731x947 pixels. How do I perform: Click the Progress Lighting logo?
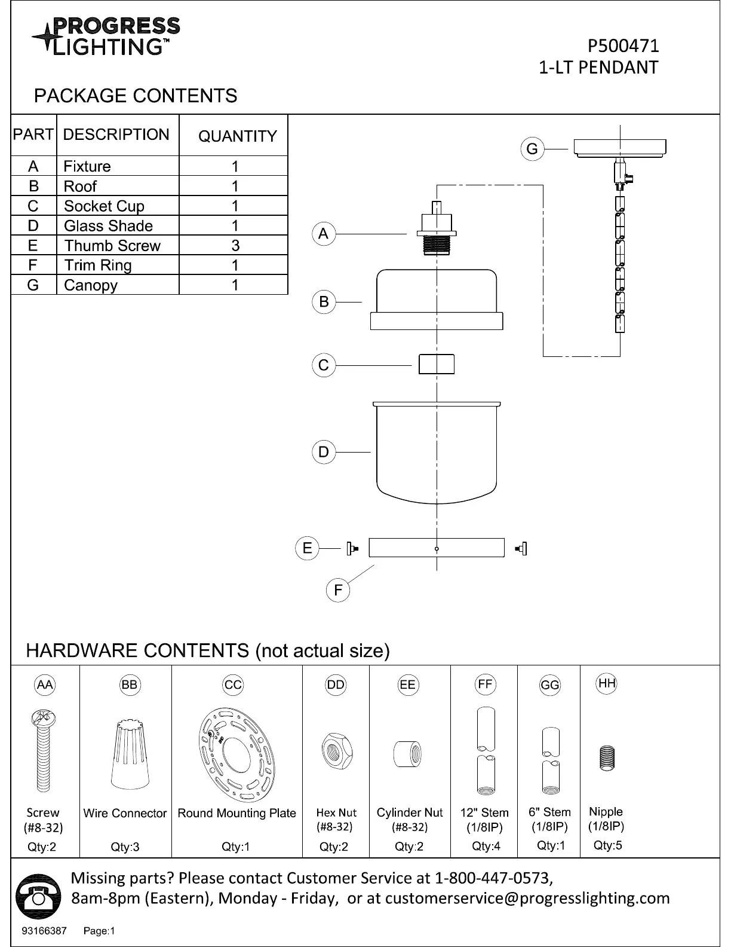click(x=106, y=36)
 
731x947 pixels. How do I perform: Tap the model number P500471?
click(x=623, y=46)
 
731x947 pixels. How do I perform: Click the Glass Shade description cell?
click(x=118, y=225)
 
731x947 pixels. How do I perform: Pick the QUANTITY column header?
click(x=237, y=136)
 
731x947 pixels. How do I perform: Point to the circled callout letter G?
click(x=532, y=149)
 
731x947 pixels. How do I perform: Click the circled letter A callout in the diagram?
click(x=324, y=234)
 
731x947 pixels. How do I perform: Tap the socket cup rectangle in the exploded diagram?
click(x=436, y=364)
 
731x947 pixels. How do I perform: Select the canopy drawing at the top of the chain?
click(x=619, y=148)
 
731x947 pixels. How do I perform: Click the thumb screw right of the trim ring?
click(x=521, y=548)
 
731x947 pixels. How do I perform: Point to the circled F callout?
click(x=338, y=590)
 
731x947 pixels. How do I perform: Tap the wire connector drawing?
click(x=130, y=754)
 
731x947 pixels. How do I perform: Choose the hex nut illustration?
click(x=337, y=751)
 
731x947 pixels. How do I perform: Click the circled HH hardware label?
click(x=607, y=683)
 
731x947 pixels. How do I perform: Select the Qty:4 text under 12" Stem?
click(x=486, y=846)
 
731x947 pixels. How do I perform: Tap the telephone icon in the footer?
click(x=38, y=896)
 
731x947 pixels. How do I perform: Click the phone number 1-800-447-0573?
click(x=494, y=878)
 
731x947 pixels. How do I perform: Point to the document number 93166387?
click(x=44, y=931)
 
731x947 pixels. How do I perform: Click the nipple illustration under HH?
click(x=607, y=758)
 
